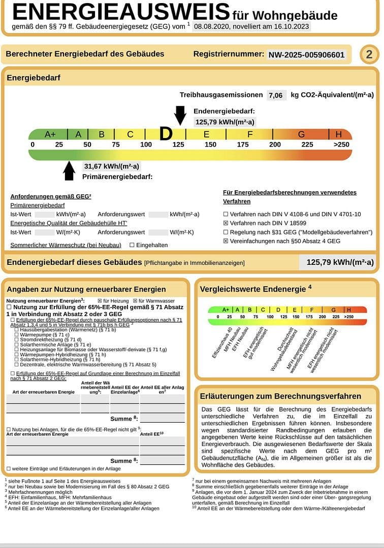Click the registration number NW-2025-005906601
click(306, 55)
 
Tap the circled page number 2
click(369, 55)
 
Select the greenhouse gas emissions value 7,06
click(275, 95)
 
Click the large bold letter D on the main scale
click(166, 134)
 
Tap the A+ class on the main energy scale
click(50, 134)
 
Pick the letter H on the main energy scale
click(338, 134)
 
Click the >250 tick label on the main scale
click(341, 145)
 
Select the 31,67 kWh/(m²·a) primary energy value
click(112, 166)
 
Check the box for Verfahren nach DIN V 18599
click(226, 223)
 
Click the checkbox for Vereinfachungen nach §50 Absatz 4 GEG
click(226, 242)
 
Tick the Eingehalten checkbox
click(132, 245)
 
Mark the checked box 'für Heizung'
click(100, 301)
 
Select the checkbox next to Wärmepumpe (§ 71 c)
click(17, 335)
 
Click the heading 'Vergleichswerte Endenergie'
click(252, 289)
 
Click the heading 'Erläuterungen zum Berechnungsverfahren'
click(280, 396)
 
